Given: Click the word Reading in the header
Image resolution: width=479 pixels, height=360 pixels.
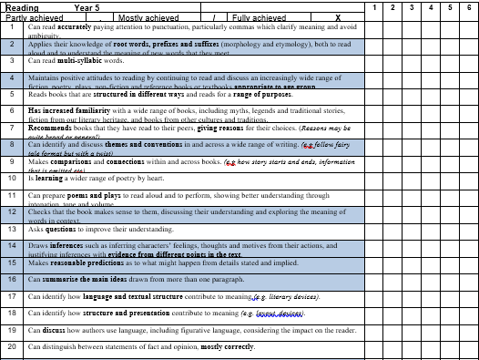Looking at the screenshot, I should pyautogui.click(x=21, y=7).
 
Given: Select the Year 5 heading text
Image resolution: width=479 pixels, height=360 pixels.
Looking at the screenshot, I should pyautogui.click(x=87, y=7).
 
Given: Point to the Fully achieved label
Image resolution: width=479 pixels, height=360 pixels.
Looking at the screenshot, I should pyautogui.click(x=259, y=17).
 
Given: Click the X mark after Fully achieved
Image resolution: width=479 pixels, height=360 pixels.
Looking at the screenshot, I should pyautogui.click(x=338, y=17).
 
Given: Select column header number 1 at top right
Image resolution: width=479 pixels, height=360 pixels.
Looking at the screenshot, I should pyautogui.click(x=374, y=7).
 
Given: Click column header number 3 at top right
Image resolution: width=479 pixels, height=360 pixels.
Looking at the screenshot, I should pyautogui.click(x=412, y=7).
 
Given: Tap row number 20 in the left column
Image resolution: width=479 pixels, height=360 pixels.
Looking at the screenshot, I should pyautogui.click(x=12, y=347).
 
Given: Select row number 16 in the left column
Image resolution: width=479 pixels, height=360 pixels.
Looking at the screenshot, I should pyautogui.click(x=12, y=279).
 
